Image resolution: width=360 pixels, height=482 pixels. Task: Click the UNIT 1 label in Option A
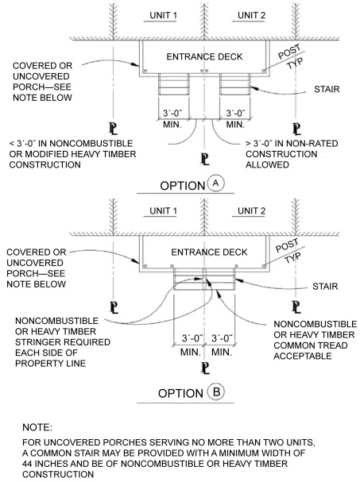[x=163, y=15]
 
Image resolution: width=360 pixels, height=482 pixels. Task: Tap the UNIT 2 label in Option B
[x=251, y=211]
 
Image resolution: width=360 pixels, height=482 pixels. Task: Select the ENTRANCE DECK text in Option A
[x=204, y=56]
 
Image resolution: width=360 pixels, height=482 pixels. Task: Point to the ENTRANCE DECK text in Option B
[x=209, y=253]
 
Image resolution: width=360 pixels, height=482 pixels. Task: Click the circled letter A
[x=215, y=183]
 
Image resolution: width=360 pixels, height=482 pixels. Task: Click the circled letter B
[x=216, y=392]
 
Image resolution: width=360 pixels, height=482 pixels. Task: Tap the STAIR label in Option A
[x=327, y=89]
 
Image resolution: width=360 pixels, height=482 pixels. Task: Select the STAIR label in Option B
[x=325, y=286]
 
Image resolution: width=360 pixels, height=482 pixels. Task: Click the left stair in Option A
[x=173, y=84]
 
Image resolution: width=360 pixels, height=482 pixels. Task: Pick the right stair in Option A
[x=234, y=84]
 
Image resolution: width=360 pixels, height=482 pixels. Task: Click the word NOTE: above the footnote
[x=37, y=427]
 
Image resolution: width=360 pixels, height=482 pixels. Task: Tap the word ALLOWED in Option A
[x=267, y=164]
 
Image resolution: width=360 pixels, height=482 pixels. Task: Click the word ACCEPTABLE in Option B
[x=303, y=356]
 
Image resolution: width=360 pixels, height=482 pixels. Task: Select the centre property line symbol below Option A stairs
[x=205, y=160]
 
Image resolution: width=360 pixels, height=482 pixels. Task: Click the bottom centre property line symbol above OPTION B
[x=205, y=368]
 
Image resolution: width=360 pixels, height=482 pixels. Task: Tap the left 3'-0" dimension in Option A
[x=172, y=113]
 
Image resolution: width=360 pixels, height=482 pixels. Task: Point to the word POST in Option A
[x=289, y=52]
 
